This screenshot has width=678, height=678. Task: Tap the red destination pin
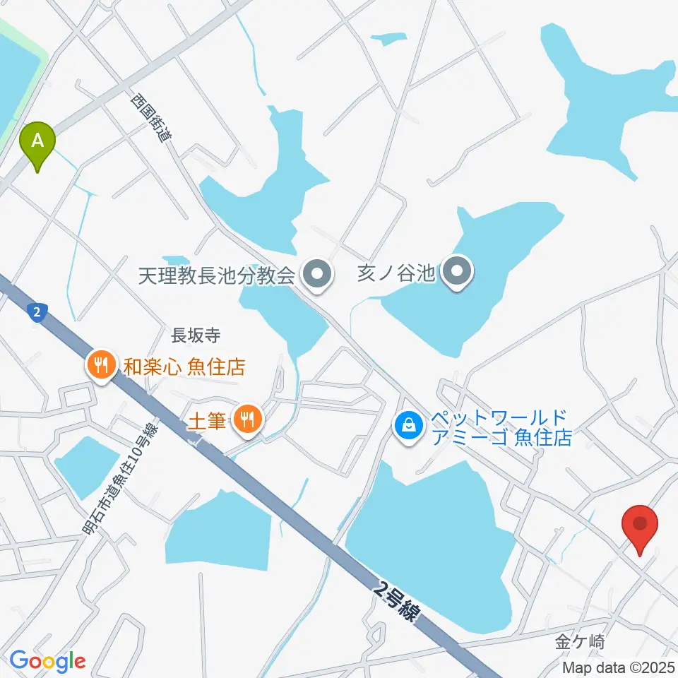click(640, 528)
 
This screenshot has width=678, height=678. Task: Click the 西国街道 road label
click(150, 120)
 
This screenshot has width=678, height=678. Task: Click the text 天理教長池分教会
click(216, 274)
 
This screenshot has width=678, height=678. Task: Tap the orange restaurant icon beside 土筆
click(246, 421)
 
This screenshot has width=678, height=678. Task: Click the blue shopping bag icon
click(408, 425)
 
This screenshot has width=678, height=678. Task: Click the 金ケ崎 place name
click(580, 642)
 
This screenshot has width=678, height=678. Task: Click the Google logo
click(47, 661)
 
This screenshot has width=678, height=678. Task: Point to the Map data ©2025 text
click(618, 667)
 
